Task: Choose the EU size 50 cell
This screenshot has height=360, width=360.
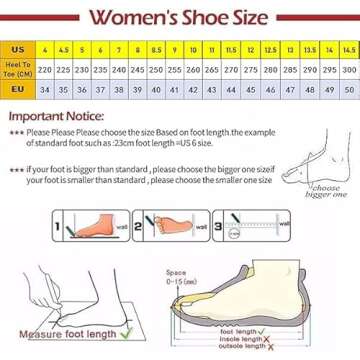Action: pos(348,89)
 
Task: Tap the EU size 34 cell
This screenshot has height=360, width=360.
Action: pos(45,89)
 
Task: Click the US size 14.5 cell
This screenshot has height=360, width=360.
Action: pos(348,48)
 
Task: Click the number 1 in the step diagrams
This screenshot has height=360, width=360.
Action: pos(56,228)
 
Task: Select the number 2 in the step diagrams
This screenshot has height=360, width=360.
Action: pos(146,228)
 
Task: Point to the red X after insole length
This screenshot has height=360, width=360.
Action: pos(262,339)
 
